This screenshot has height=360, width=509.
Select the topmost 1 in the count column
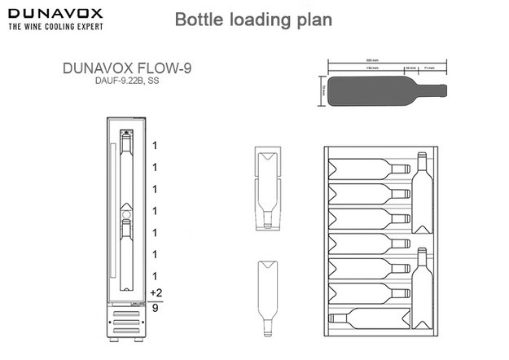pos(154,145)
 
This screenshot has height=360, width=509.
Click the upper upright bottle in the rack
pos(422,187)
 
